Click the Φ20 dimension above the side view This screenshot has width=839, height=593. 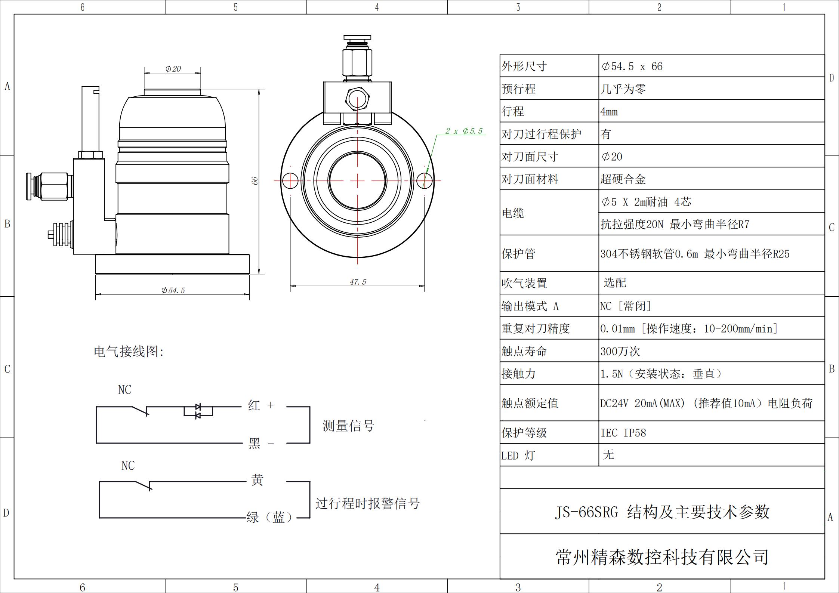pos(173,69)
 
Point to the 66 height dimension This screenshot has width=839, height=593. pos(255,180)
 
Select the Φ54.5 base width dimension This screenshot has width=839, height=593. pos(173,290)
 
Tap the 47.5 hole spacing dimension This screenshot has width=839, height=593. pos(358,282)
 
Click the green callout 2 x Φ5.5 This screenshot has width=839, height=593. pos(464,131)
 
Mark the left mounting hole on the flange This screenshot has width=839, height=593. pos(290,181)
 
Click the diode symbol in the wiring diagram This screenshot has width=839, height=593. pos(198,411)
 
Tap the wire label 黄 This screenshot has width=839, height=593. pos(257,480)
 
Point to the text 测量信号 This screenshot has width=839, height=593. pos(348,426)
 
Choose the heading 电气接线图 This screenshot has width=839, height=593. pos(129,351)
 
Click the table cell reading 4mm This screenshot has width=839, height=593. pos(609,112)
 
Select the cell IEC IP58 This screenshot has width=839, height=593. pos(623,433)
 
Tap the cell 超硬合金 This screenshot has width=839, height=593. pos(623,179)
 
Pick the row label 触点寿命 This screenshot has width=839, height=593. pos(524,351)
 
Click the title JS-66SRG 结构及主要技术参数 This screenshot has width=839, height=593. pos(662,512)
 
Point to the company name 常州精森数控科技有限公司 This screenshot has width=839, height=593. pos(662,557)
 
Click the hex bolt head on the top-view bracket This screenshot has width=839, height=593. pos(358,98)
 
